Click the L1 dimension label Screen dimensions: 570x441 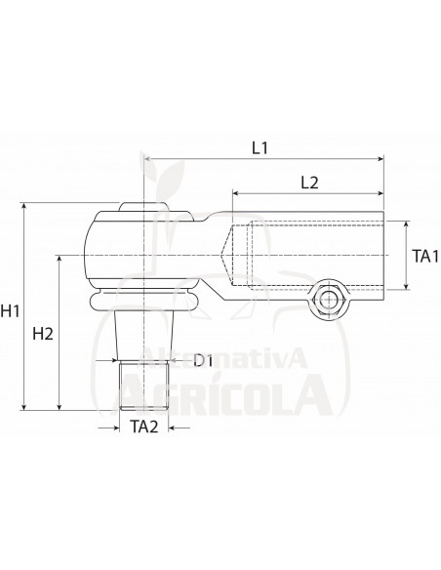click(261, 148)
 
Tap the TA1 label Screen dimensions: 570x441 click(422, 256)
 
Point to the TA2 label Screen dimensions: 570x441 click(142, 427)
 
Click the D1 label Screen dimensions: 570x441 click(203, 362)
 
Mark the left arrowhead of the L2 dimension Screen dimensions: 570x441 click(235, 191)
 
